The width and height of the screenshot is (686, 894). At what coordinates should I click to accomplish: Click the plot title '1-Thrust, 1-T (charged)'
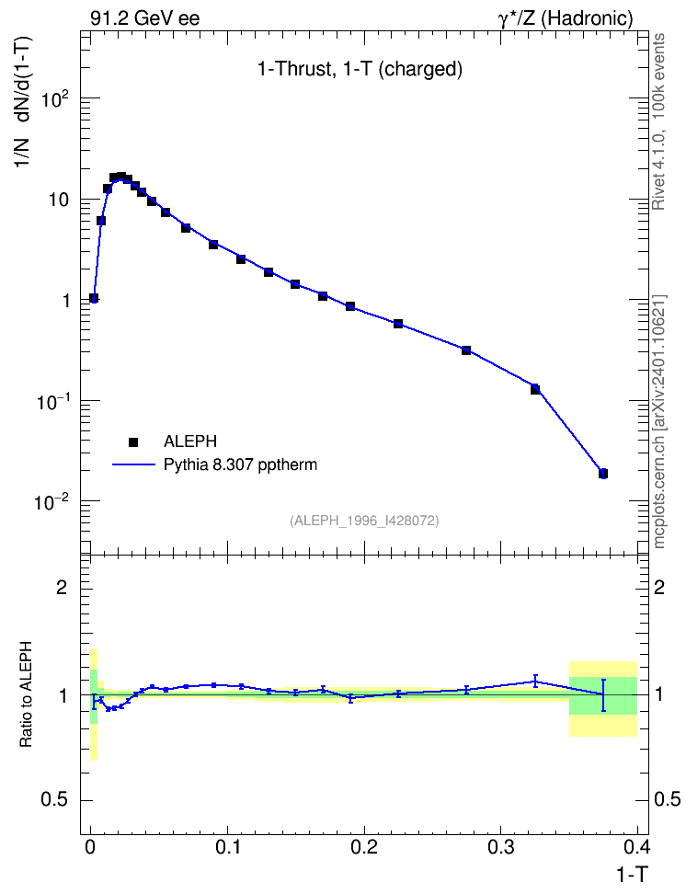pyautogui.click(x=360, y=70)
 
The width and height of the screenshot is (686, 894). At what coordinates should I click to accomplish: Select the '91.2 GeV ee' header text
pyautogui.click(x=145, y=18)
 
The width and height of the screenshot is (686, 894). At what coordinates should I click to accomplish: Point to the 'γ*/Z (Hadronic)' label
pyautogui.click(x=566, y=18)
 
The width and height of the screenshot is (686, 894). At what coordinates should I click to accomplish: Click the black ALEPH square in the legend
pyautogui.click(x=133, y=441)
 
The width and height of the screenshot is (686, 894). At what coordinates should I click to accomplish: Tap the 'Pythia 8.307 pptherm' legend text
pyautogui.click(x=240, y=465)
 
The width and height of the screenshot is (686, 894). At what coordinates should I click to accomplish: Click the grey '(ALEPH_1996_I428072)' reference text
pyautogui.click(x=364, y=521)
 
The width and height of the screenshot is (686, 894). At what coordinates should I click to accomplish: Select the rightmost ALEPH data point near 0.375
pyautogui.click(x=602, y=474)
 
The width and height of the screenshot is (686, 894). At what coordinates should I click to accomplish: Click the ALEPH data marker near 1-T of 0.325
pyautogui.click(x=535, y=389)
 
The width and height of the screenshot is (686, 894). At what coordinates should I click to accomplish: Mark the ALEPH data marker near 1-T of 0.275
pyautogui.click(x=466, y=350)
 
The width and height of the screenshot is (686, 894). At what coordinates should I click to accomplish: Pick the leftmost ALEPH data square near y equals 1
pyautogui.click(x=94, y=298)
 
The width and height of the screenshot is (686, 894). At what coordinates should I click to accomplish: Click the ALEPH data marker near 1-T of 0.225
pyautogui.click(x=398, y=324)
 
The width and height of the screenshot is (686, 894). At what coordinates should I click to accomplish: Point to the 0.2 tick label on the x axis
pyautogui.click(x=364, y=847)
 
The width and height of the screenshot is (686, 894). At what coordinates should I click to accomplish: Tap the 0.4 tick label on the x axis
pyautogui.click(x=636, y=847)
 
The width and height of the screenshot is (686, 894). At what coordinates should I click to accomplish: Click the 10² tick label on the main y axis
pyautogui.click(x=56, y=98)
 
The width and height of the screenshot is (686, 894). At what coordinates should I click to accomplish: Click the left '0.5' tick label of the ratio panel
pyautogui.click(x=54, y=800)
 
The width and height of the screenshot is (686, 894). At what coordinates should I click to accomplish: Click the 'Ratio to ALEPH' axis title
pyautogui.click(x=26, y=694)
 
